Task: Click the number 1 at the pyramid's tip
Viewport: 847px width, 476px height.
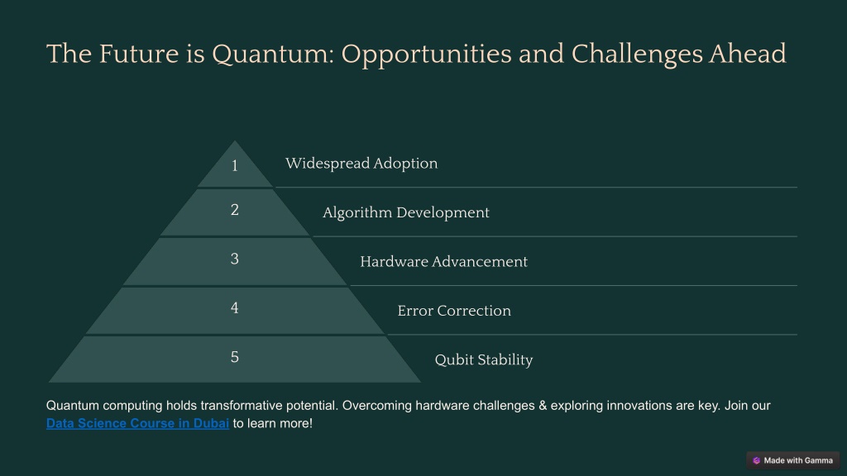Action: point(234,165)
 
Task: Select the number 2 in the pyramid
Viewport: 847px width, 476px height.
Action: point(234,209)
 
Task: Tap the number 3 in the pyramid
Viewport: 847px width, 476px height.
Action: point(234,259)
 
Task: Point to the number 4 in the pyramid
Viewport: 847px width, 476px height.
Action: point(234,307)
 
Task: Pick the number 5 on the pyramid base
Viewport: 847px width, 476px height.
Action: point(234,357)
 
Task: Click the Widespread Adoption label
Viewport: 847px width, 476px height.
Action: point(361,164)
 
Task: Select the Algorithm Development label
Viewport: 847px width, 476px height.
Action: point(405,212)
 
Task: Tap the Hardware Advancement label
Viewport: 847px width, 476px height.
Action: point(443,262)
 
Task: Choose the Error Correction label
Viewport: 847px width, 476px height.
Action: point(454,311)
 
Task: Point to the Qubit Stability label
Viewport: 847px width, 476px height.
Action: point(483,360)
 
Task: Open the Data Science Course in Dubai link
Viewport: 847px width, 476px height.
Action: point(138,423)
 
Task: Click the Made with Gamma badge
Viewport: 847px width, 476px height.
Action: point(793,460)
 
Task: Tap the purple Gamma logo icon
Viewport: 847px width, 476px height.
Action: point(756,460)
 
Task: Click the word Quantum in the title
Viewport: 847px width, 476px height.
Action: point(273,55)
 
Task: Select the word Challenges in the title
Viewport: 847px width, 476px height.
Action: point(637,55)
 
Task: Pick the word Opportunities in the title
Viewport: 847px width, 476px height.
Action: point(426,55)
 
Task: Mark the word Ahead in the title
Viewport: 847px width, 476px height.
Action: point(748,54)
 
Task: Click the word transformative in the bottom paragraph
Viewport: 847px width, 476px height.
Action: point(242,405)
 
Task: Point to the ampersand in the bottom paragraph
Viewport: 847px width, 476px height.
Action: point(543,405)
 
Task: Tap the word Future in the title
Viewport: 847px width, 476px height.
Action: point(139,54)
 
